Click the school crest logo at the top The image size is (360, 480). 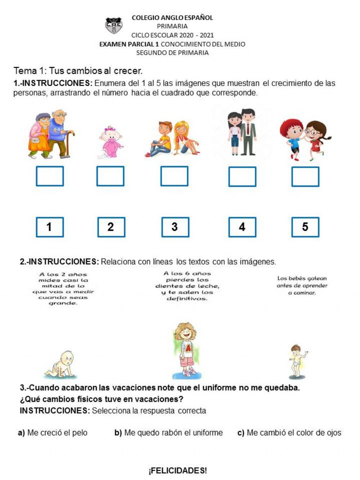[113, 26]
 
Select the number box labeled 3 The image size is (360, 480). [175, 227]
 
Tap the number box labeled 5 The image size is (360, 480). [305, 227]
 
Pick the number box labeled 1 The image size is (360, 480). [50, 227]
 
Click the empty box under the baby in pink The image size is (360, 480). [110, 176]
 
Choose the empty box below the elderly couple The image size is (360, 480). [50, 176]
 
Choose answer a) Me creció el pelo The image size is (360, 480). [53, 433]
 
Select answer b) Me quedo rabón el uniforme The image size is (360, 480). [168, 433]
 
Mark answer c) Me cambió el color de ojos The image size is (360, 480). [289, 433]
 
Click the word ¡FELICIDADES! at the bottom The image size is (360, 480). [177, 471]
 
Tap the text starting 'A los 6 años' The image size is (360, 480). [187, 286]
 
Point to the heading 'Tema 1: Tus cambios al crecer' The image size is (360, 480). [78, 71]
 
